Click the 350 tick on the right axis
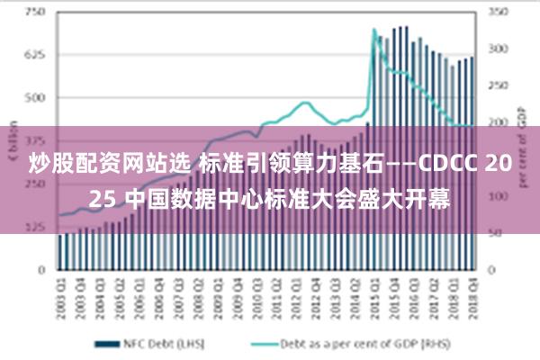(498, 13)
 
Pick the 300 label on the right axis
(498, 49)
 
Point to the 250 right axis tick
(498, 85)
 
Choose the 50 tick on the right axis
(495, 232)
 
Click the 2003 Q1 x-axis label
(62, 292)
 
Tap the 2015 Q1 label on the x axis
(373, 292)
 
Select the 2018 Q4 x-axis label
(472, 292)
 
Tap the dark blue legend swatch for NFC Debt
(109, 343)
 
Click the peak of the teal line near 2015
(374, 30)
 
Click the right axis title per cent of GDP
(521, 144)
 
